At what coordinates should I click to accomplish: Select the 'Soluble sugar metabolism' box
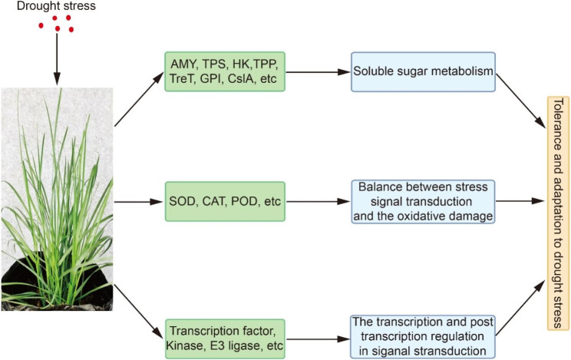pos(424,72)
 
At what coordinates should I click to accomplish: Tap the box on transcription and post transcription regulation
pos(424,335)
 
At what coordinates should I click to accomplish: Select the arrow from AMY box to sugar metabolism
pos(319,72)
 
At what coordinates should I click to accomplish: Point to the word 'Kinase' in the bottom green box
pos(193,343)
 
